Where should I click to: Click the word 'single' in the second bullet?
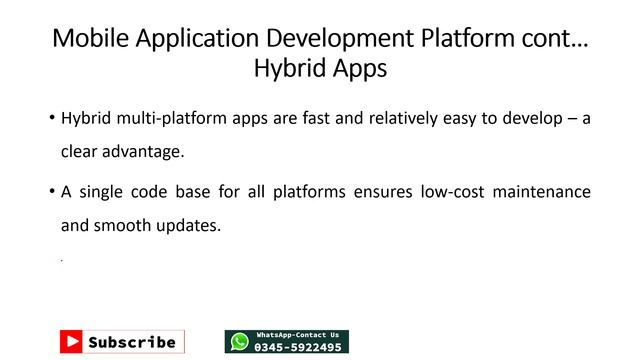click(100, 190)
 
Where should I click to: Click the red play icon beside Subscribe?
click(71, 341)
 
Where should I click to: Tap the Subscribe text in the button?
click(131, 342)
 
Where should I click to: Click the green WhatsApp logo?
click(240, 342)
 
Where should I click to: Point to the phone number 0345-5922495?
click(298, 347)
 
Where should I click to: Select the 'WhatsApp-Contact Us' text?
click(298, 335)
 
